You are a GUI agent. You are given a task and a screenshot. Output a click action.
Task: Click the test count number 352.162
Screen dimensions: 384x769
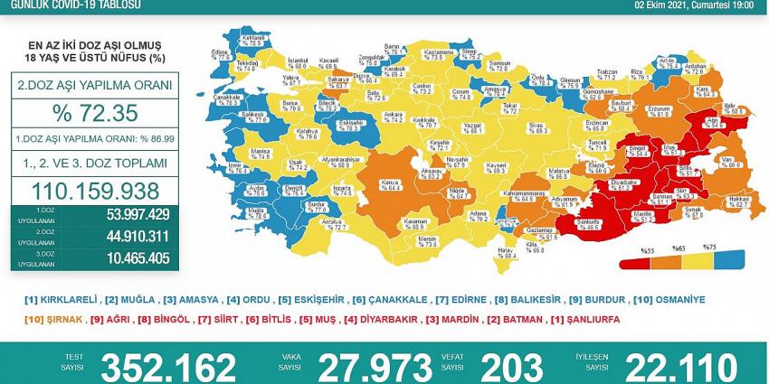169,367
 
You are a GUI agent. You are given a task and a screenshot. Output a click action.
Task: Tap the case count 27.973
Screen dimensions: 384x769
367,367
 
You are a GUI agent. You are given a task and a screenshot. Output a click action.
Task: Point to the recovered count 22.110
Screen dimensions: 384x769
671,367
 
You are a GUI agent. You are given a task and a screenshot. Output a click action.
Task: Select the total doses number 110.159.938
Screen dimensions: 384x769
95,191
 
